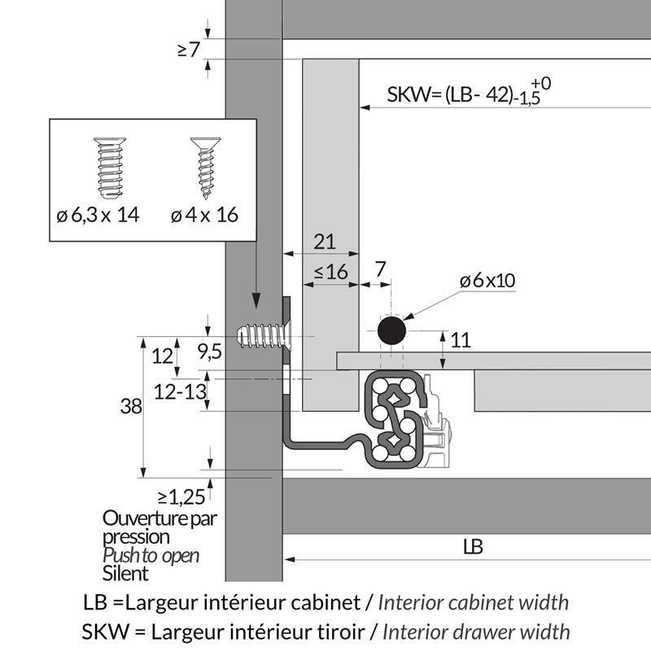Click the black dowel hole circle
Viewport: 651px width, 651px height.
(391, 331)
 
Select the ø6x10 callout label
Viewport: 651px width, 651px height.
(487, 281)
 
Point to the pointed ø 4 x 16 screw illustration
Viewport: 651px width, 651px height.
(203, 168)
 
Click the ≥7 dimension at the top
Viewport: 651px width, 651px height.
(188, 50)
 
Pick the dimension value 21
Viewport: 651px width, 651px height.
(324, 241)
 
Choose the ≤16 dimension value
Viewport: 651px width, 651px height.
(330, 273)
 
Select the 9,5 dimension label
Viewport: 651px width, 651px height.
(211, 352)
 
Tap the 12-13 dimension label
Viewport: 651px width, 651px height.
(178, 392)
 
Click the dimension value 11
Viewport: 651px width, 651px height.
(461, 341)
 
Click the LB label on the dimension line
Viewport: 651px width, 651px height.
(473, 547)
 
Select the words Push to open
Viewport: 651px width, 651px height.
(151, 556)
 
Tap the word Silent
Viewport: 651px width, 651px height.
(126, 574)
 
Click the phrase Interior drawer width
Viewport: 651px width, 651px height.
(475, 631)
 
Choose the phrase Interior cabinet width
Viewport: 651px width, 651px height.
(474, 603)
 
